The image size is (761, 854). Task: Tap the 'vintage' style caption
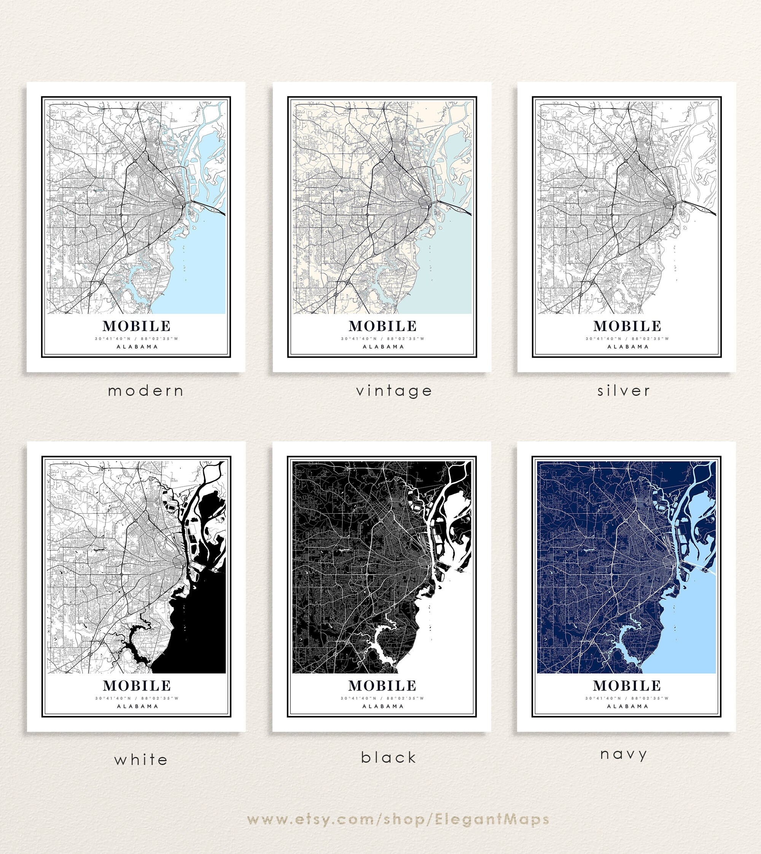tap(394, 391)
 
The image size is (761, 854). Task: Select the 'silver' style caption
tap(623, 391)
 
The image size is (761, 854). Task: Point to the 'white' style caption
tap(141, 760)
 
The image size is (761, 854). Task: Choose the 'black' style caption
tap(389, 757)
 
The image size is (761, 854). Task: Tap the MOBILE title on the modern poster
tap(137, 326)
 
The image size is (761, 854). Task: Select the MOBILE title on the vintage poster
tap(382, 326)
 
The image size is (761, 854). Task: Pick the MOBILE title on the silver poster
tap(627, 326)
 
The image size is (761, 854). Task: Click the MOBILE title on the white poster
tap(137, 686)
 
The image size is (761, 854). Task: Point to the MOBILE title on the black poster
tap(382, 686)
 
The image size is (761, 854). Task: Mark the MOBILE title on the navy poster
tap(627, 686)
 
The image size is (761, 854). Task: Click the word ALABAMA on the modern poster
tap(137, 347)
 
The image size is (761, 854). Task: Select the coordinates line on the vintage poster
tap(382, 339)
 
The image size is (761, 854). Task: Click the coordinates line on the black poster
tap(382, 698)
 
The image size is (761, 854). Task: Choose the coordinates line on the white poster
tap(137, 698)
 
